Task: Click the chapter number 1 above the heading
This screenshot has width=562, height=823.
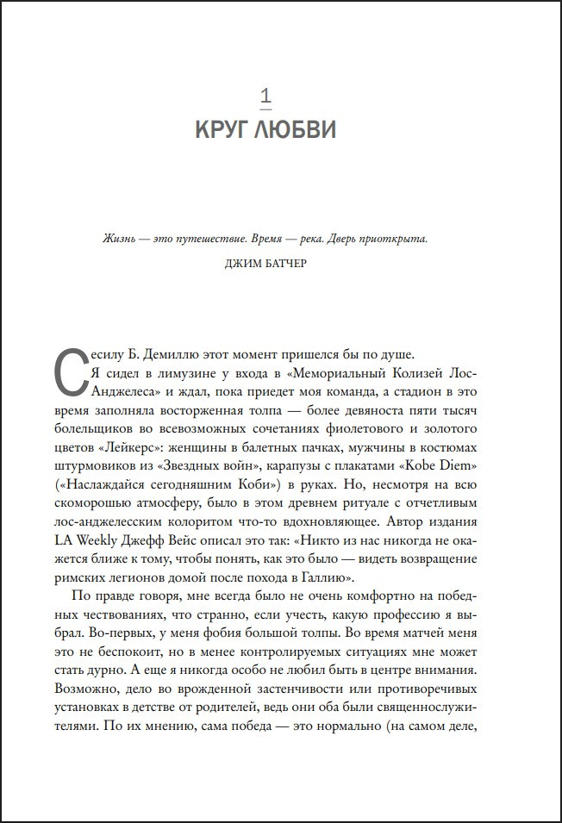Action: [x=265, y=93]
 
